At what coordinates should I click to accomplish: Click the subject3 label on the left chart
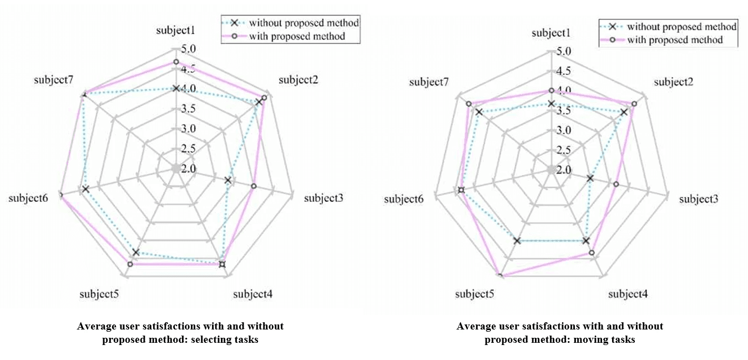[x=324, y=197]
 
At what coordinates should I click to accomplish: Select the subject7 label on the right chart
[x=429, y=82]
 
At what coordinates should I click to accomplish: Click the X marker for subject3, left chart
[x=228, y=180]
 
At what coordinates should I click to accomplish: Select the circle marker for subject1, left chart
[x=175, y=62]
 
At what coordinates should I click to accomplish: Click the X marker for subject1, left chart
[x=175, y=88]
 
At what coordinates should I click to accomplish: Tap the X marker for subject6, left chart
[x=85, y=189]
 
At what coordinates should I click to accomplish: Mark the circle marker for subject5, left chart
[x=130, y=265]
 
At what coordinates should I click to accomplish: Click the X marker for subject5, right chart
[x=517, y=241]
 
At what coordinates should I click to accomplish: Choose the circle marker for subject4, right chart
[x=592, y=253]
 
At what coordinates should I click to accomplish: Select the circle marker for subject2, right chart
[x=634, y=104]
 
